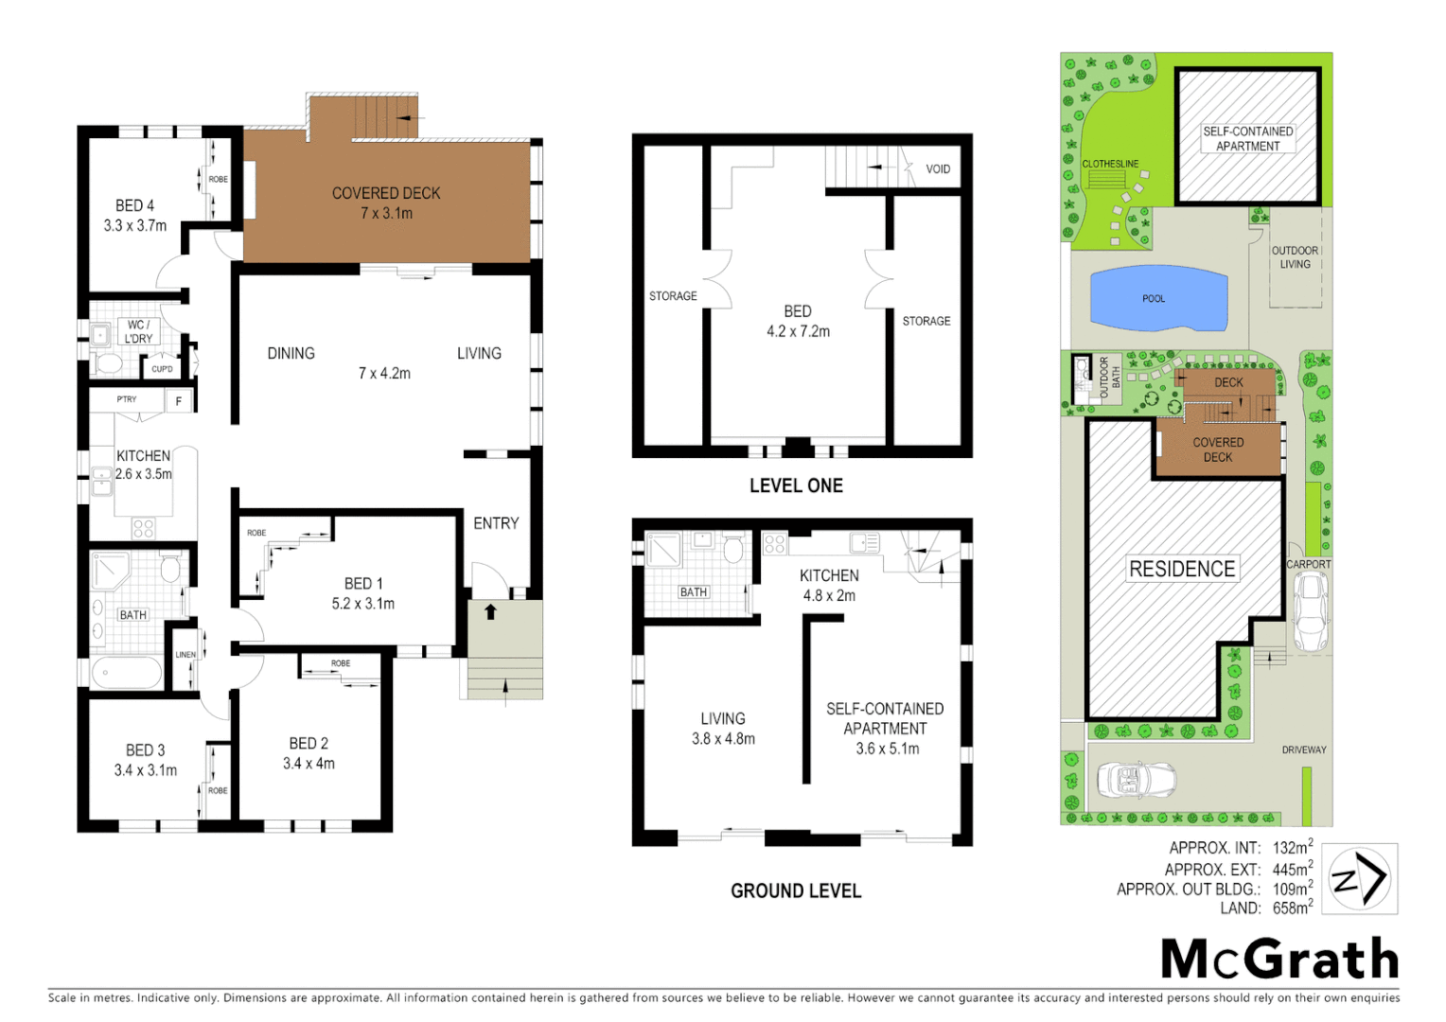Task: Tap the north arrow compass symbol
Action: coord(1359,879)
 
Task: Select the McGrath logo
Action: coord(1279,960)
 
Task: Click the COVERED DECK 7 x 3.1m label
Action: coord(386,203)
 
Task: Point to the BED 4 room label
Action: coord(134,216)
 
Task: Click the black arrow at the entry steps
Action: coord(490,612)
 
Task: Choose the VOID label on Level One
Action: coord(938,169)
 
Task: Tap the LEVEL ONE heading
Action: coord(796,485)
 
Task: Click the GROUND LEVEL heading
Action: coord(796,890)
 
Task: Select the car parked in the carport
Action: coord(1311,610)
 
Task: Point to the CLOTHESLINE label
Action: coord(1110,164)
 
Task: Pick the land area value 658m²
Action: coord(1292,907)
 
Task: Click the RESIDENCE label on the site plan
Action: coord(1182,569)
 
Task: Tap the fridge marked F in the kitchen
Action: coord(179,401)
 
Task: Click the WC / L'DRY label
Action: coord(138,331)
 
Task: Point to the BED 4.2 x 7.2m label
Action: coord(798,321)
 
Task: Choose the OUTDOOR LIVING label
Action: coord(1295,257)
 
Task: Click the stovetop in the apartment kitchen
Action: coord(774,544)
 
